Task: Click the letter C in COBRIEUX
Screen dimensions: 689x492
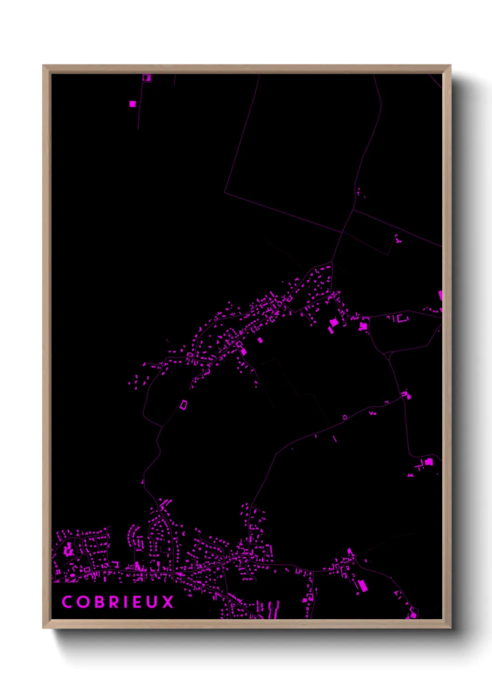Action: click(67, 602)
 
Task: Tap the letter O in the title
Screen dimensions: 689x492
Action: click(84, 602)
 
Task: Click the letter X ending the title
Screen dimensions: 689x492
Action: click(168, 602)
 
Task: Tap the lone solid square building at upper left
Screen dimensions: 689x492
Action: click(133, 104)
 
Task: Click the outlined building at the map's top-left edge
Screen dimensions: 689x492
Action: click(146, 78)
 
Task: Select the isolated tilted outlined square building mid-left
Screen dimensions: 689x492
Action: click(184, 405)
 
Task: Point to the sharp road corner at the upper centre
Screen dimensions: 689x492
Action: click(225, 192)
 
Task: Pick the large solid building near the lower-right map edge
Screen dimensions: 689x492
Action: click(429, 462)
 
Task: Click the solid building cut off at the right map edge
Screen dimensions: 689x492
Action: click(440, 296)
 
